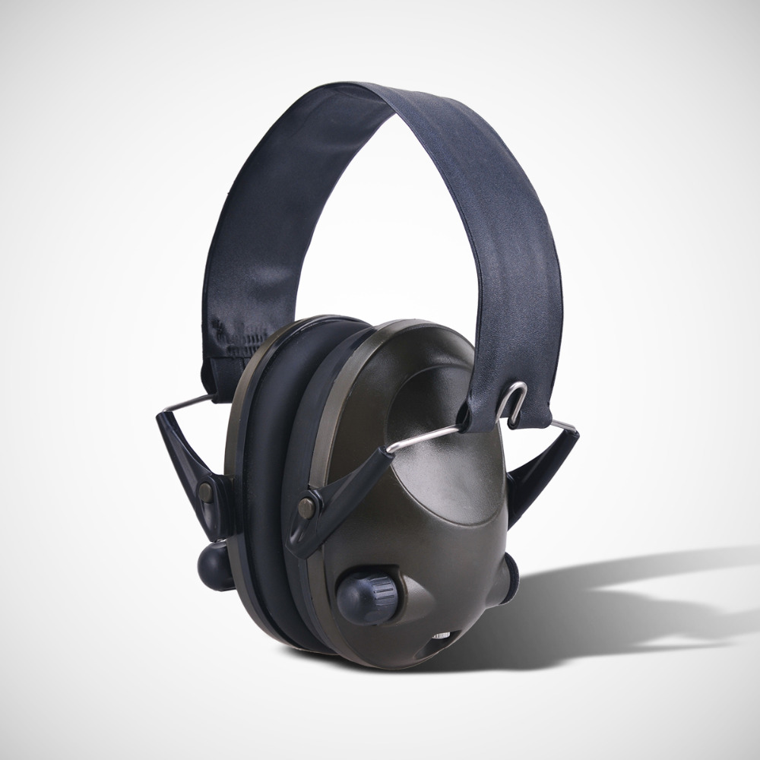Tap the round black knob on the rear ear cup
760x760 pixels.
pyautogui.click(x=215, y=564)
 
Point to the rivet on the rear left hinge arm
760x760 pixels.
pyautogui.click(x=205, y=492)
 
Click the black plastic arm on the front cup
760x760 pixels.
pyautogui.click(x=334, y=494)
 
